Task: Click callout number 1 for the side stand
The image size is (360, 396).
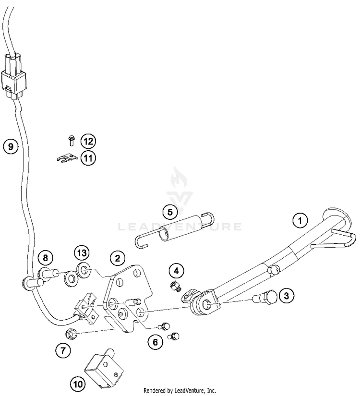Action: [300, 221]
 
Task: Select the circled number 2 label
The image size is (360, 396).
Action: [117, 259]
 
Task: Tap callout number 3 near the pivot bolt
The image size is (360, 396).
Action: [286, 296]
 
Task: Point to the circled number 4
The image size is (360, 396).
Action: [176, 271]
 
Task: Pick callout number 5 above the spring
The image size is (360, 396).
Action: [169, 211]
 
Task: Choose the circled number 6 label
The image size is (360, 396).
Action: [155, 342]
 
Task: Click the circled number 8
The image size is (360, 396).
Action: [45, 258]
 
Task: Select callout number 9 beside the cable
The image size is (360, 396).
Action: [10, 146]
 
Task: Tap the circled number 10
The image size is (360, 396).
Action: [77, 384]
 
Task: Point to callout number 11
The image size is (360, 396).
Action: [88, 157]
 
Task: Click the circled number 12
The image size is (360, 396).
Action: [88, 141]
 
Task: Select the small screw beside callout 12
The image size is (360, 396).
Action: [71, 141]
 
